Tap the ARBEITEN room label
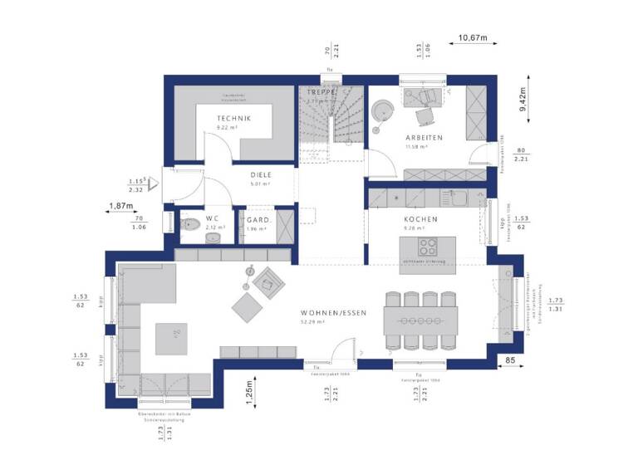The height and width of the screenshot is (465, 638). click(x=424, y=137)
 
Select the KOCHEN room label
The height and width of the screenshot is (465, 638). click(x=421, y=219)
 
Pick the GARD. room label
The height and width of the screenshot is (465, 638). click(x=259, y=220)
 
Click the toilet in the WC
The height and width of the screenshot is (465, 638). click(x=186, y=223)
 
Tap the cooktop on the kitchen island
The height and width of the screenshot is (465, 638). click(x=428, y=247)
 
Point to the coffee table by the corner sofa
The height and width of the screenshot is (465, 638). click(x=177, y=333)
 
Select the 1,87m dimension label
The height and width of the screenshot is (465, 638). click(x=122, y=206)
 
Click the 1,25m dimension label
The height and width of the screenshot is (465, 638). click(x=248, y=389)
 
